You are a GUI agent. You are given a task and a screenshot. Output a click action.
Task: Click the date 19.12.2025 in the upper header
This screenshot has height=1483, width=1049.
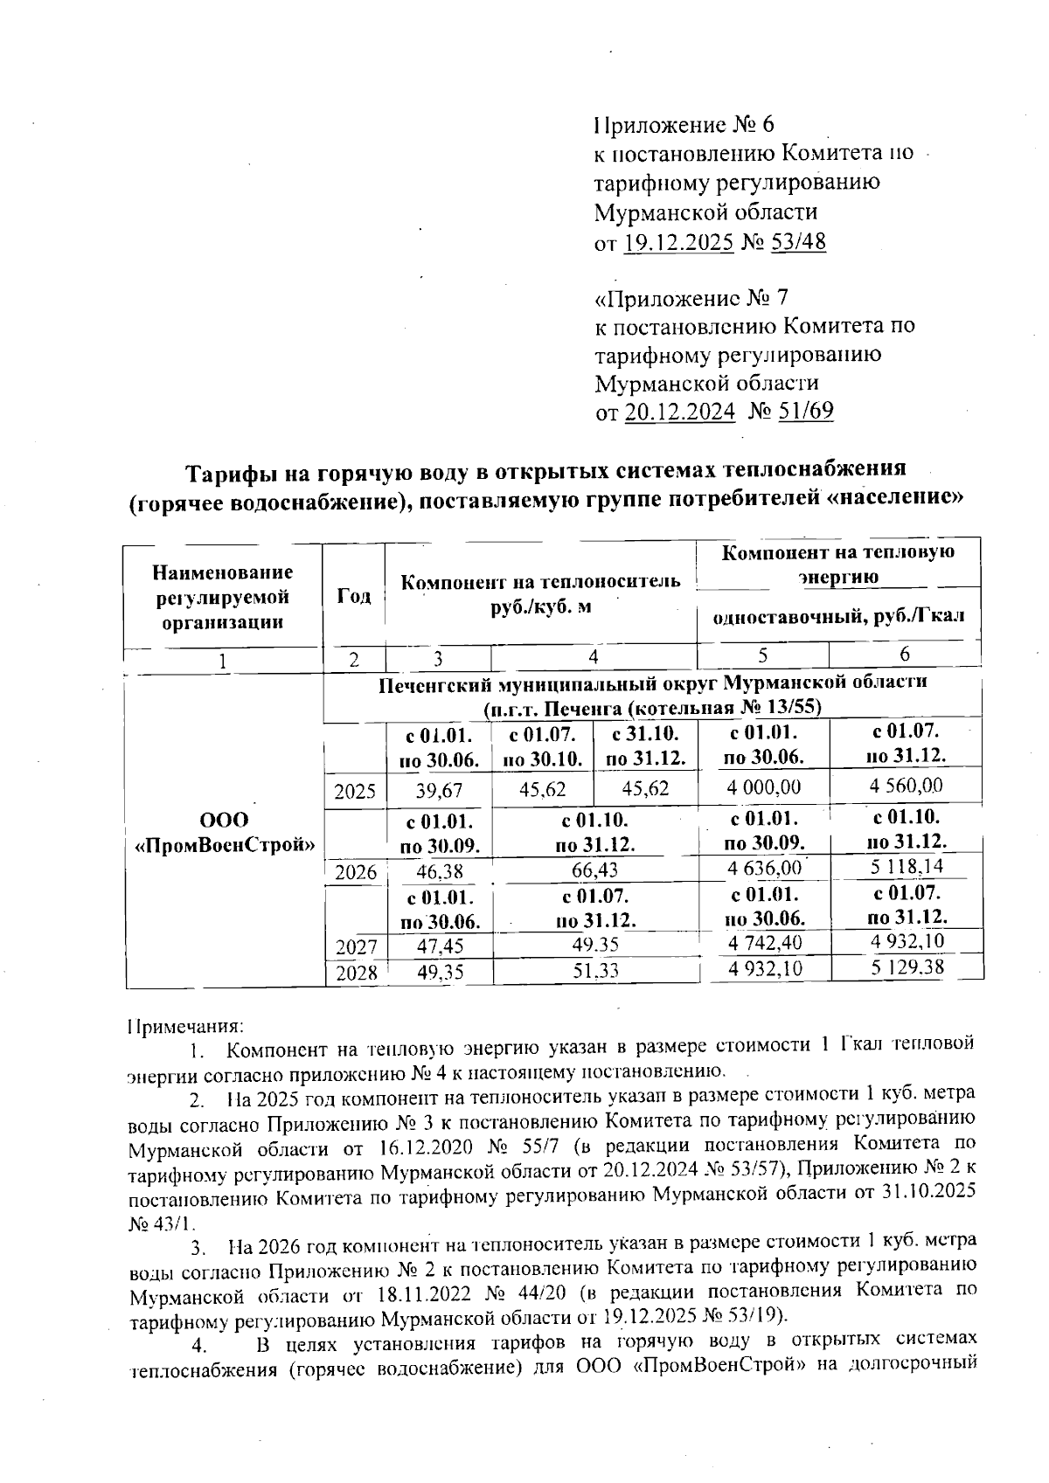click(x=677, y=242)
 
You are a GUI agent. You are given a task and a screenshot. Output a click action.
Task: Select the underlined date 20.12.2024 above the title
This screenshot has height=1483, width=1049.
click(x=679, y=411)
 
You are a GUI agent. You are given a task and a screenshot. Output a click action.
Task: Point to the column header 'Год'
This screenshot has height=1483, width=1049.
click(x=354, y=596)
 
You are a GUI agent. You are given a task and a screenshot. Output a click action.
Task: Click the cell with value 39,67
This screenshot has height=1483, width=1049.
click(x=439, y=790)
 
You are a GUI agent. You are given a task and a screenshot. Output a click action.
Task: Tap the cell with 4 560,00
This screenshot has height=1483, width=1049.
click(x=906, y=785)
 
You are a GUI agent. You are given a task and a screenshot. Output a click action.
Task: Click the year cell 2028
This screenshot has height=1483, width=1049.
click(x=355, y=972)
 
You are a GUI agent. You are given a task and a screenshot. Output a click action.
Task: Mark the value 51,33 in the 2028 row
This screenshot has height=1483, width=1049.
click(x=595, y=970)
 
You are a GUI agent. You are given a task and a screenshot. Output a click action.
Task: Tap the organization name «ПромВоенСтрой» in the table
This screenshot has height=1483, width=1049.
click(x=224, y=845)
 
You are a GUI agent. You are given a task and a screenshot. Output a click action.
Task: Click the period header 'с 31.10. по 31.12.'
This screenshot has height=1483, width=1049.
click(x=644, y=745)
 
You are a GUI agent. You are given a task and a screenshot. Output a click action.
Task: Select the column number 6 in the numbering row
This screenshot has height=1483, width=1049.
click(x=905, y=655)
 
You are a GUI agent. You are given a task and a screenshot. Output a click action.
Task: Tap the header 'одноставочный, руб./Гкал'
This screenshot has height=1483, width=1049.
click(x=838, y=616)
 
